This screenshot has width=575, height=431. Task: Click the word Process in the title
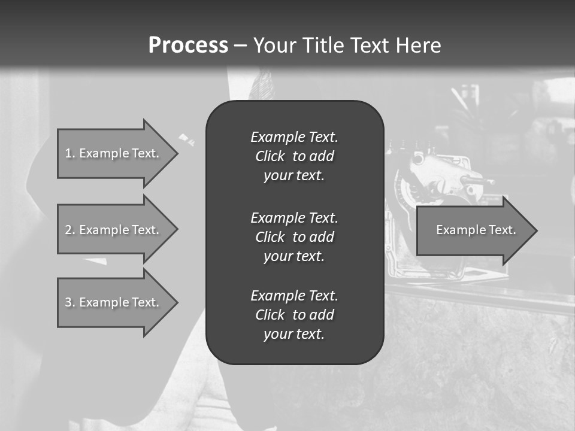coord(188,45)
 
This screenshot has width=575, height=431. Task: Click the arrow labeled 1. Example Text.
coord(114,153)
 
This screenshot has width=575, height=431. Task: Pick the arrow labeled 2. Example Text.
coord(114,230)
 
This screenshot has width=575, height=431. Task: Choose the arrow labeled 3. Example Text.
coord(114,302)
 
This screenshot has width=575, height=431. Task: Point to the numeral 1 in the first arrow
coord(68,153)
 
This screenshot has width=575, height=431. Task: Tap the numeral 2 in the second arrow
coord(68,230)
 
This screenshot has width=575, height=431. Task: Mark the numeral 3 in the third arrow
coord(68,302)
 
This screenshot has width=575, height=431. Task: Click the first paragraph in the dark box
coord(294,156)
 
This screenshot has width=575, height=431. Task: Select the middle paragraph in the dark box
coord(294,237)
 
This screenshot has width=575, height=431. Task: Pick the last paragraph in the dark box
coord(294,315)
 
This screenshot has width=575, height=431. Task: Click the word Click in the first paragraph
coord(270,156)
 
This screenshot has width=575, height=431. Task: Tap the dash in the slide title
coord(240,45)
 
